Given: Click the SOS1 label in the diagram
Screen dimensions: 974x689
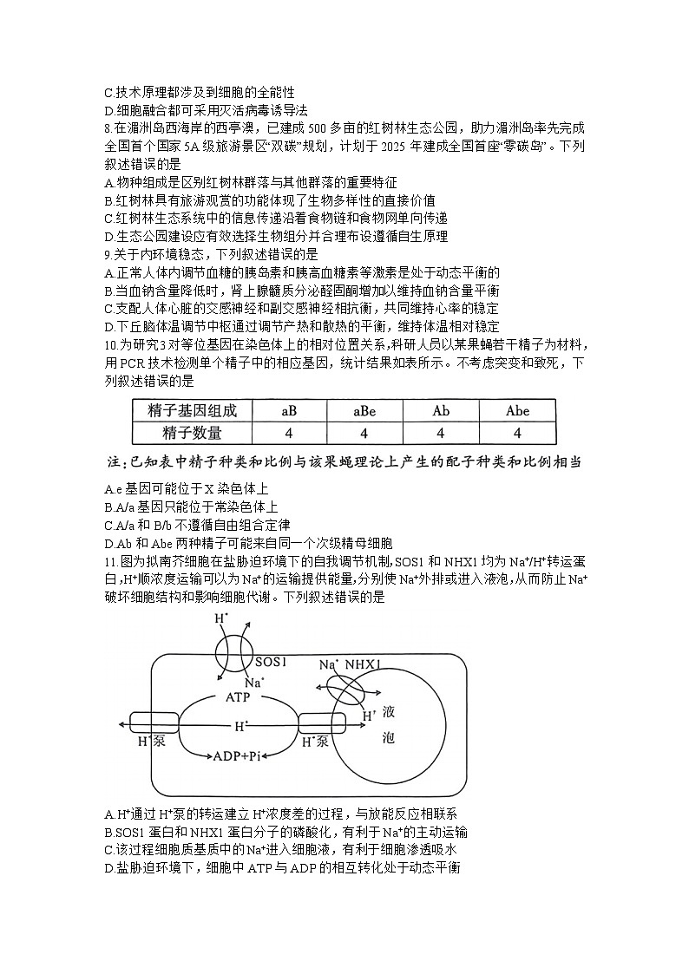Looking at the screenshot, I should [247, 661].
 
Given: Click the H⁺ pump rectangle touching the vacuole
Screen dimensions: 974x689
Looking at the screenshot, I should [321, 724].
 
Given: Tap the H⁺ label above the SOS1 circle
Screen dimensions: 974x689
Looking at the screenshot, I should [221, 619].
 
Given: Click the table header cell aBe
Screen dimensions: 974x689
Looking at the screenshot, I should [364, 410].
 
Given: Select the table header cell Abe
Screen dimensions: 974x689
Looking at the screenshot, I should [517, 410].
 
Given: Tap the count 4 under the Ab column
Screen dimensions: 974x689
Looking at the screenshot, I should [441, 433].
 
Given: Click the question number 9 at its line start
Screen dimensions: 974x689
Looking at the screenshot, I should [106, 254].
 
